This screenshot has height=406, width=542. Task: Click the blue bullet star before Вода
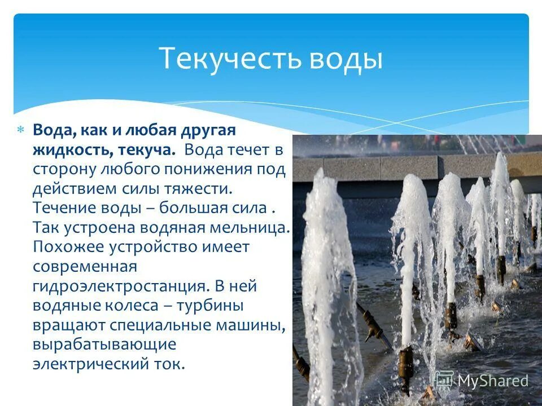point(20,130)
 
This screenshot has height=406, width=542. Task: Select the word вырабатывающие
point(104,344)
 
